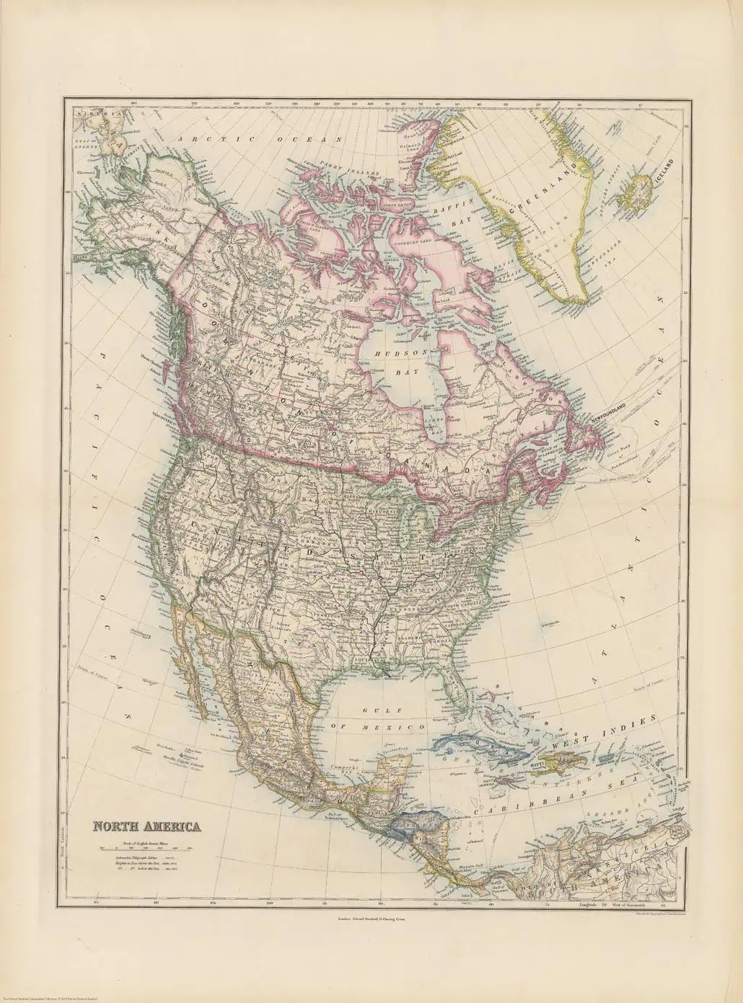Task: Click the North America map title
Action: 145,827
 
